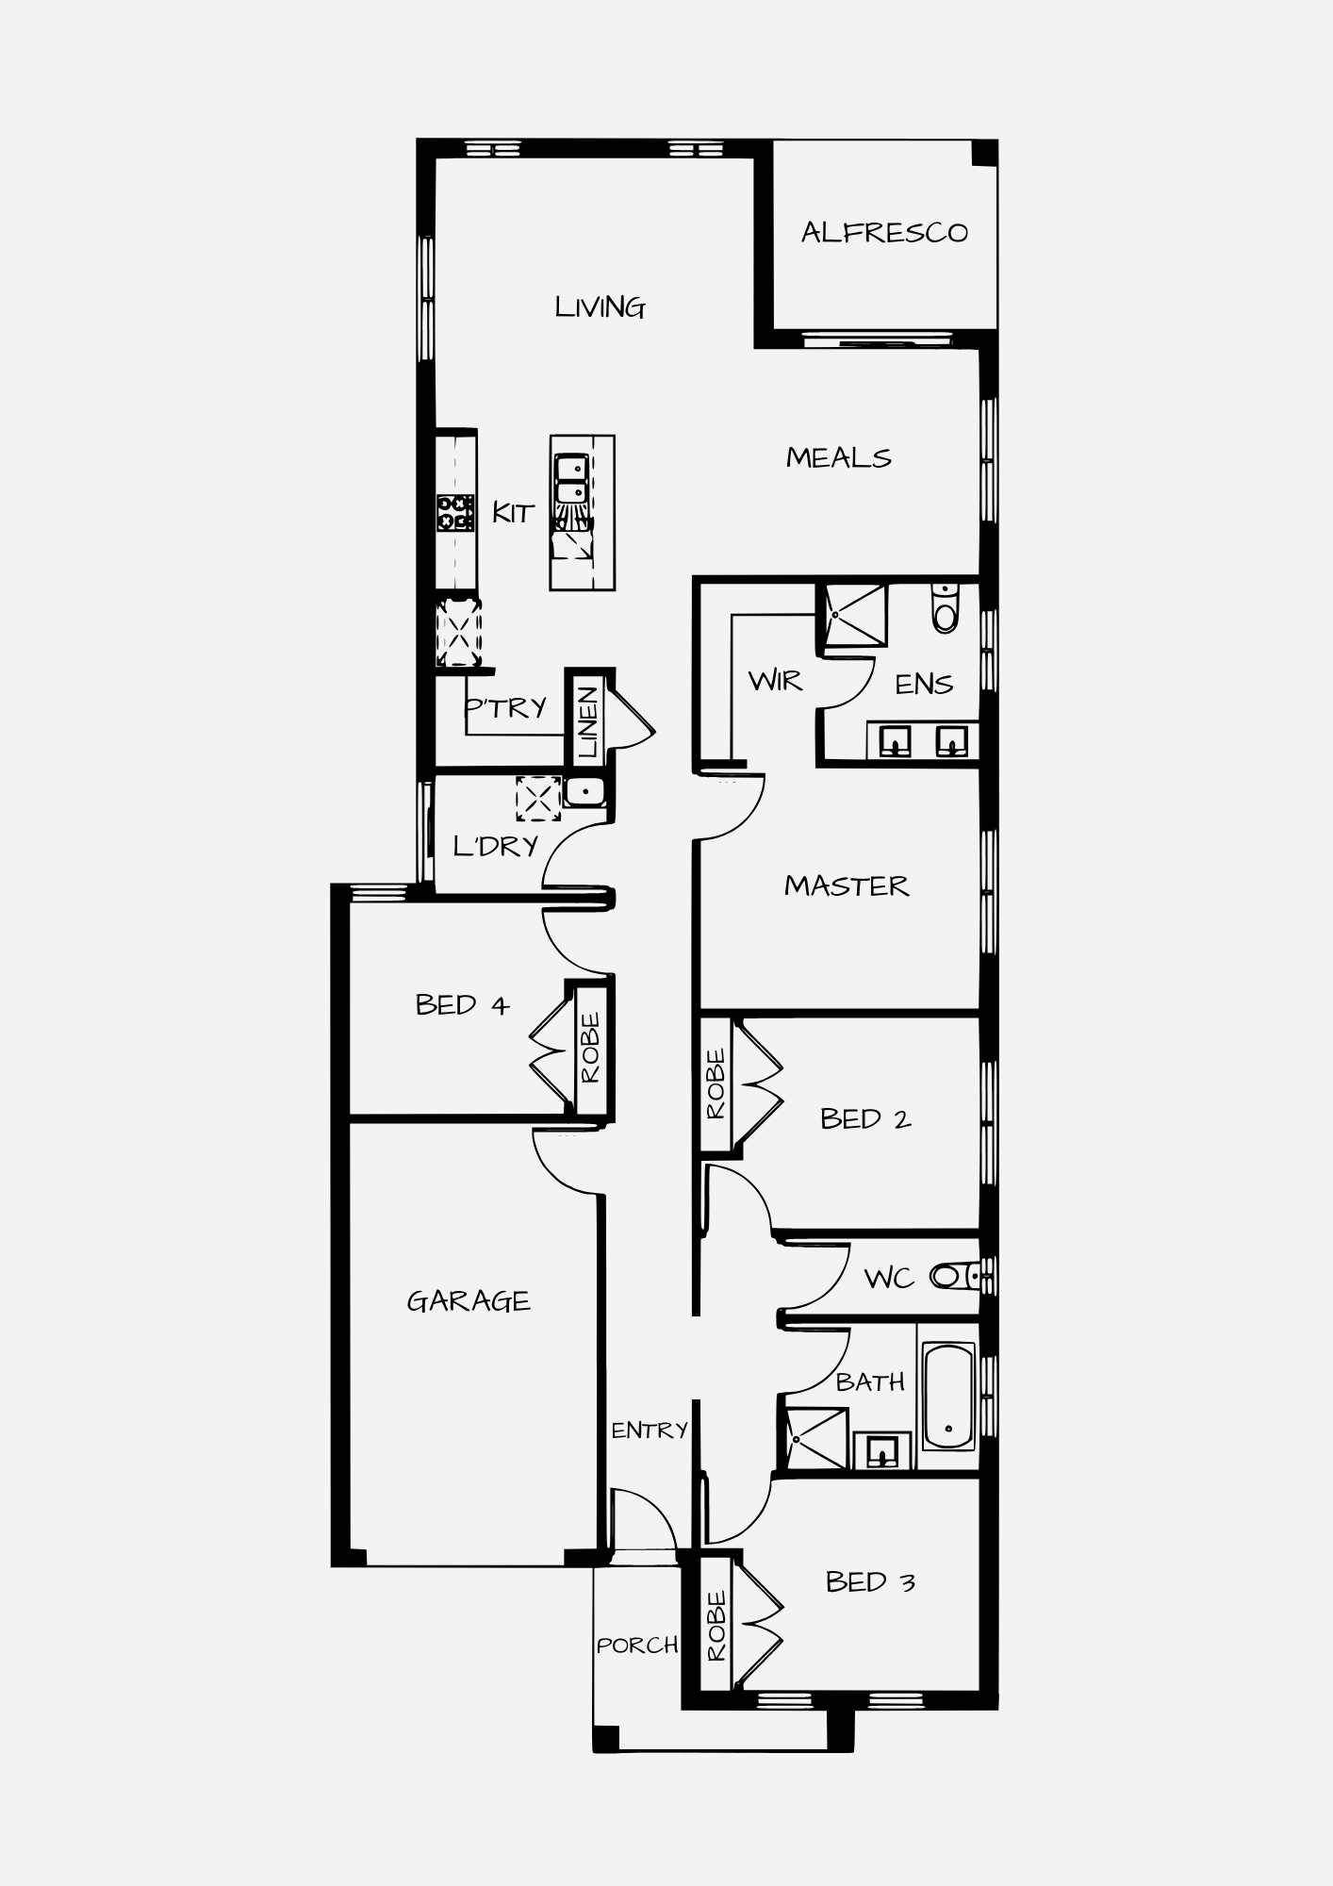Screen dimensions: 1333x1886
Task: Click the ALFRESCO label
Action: click(884, 233)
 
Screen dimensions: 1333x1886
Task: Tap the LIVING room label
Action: click(600, 307)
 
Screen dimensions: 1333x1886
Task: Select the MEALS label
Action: click(839, 458)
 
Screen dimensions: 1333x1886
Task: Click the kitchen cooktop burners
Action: click(455, 514)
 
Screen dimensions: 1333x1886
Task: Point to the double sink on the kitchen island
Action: click(571, 479)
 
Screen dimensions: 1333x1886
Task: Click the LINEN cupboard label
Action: click(588, 722)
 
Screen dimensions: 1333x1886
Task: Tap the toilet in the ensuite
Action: click(945, 607)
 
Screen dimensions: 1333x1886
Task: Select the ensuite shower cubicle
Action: click(856, 615)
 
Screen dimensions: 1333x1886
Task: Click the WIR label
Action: click(775, 681)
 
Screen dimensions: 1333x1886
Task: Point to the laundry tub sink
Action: click(584, 791)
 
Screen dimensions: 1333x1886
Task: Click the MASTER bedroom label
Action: click(847, 886)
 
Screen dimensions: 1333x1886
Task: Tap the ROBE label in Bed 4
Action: click(590, 1048)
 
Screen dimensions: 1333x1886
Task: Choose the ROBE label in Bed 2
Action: click(716, 1084)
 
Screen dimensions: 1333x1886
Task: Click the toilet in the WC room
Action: click(954, 1277)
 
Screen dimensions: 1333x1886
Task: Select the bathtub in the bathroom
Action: click(948, 1396)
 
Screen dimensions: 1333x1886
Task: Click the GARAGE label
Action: click(469, 1301)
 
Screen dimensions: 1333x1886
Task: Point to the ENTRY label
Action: click(650, 1431)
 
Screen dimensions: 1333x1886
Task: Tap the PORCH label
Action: click(637, 1646)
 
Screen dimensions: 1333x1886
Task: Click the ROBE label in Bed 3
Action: click(716, 1627)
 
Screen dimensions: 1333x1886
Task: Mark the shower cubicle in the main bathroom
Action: click(813, 1438)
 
